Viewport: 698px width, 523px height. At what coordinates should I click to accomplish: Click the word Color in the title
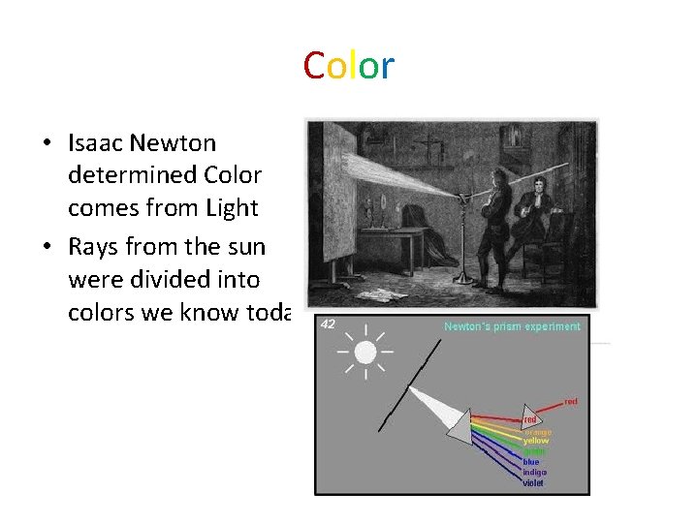[x=348, y=66]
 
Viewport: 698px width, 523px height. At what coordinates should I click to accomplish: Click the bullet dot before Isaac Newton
[x=47, y=144]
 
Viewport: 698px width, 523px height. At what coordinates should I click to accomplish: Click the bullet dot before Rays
[x=47, y=248]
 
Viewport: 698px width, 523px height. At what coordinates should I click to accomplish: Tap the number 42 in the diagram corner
[x=328, y=324]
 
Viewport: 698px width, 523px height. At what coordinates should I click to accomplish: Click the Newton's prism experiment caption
[x=512, y=327]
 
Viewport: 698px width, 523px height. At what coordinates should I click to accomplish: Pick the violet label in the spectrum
[x=533, y=482]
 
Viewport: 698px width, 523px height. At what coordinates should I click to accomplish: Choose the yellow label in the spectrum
[x=535, y=441]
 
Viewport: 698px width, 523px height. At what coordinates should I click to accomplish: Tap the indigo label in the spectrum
[x=534, y=472]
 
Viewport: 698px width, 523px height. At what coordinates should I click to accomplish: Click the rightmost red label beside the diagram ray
[x=571, y=401]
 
